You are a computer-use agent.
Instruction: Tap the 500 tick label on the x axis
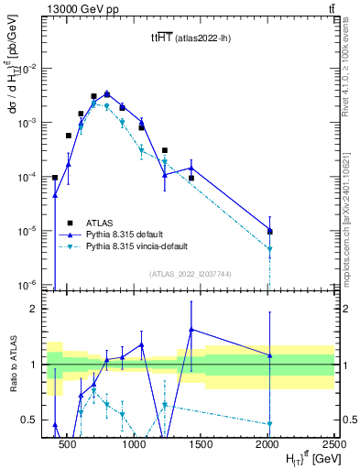66,444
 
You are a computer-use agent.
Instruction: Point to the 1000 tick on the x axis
134,444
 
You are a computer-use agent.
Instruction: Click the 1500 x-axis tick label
201,444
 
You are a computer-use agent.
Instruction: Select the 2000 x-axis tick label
267,444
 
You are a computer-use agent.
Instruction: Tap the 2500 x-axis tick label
333,444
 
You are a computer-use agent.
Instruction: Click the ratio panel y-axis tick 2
40,309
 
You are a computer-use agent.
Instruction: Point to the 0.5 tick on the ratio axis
37,420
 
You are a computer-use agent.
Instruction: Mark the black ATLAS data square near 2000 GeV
270,232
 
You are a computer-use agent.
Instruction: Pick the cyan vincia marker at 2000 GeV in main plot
270,249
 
